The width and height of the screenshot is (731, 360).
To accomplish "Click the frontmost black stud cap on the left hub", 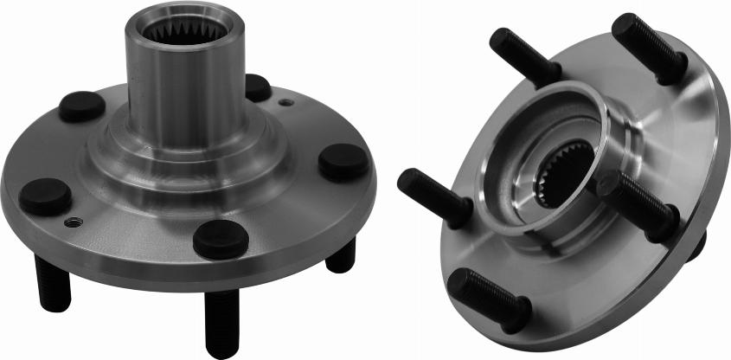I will (221, 239).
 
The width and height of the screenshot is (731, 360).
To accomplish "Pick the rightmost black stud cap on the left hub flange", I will (343, 162).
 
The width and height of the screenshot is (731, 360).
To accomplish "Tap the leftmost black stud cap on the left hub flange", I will (45, 196).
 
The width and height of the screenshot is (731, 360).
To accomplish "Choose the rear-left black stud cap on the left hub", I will (82, 106).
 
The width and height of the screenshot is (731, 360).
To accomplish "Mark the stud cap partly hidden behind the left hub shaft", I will (257, 87).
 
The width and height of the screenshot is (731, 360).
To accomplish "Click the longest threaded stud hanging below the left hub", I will (221, 320).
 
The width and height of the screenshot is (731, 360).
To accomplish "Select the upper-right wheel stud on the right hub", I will (649, 48).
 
